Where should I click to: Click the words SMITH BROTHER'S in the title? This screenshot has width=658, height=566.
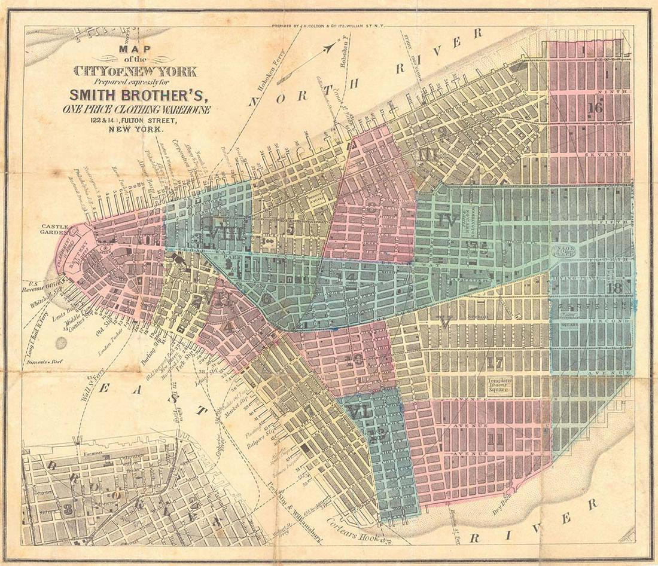(x=142, y=94)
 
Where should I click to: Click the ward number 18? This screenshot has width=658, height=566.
(x=614, y=289)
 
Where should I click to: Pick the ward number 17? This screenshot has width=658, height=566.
(x=494, y=362)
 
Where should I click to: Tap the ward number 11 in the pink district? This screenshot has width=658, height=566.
(x=494, y=440)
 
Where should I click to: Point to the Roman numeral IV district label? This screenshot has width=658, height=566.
(x=447, y=219)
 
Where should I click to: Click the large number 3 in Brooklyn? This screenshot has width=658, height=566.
(x=69, y=509)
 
